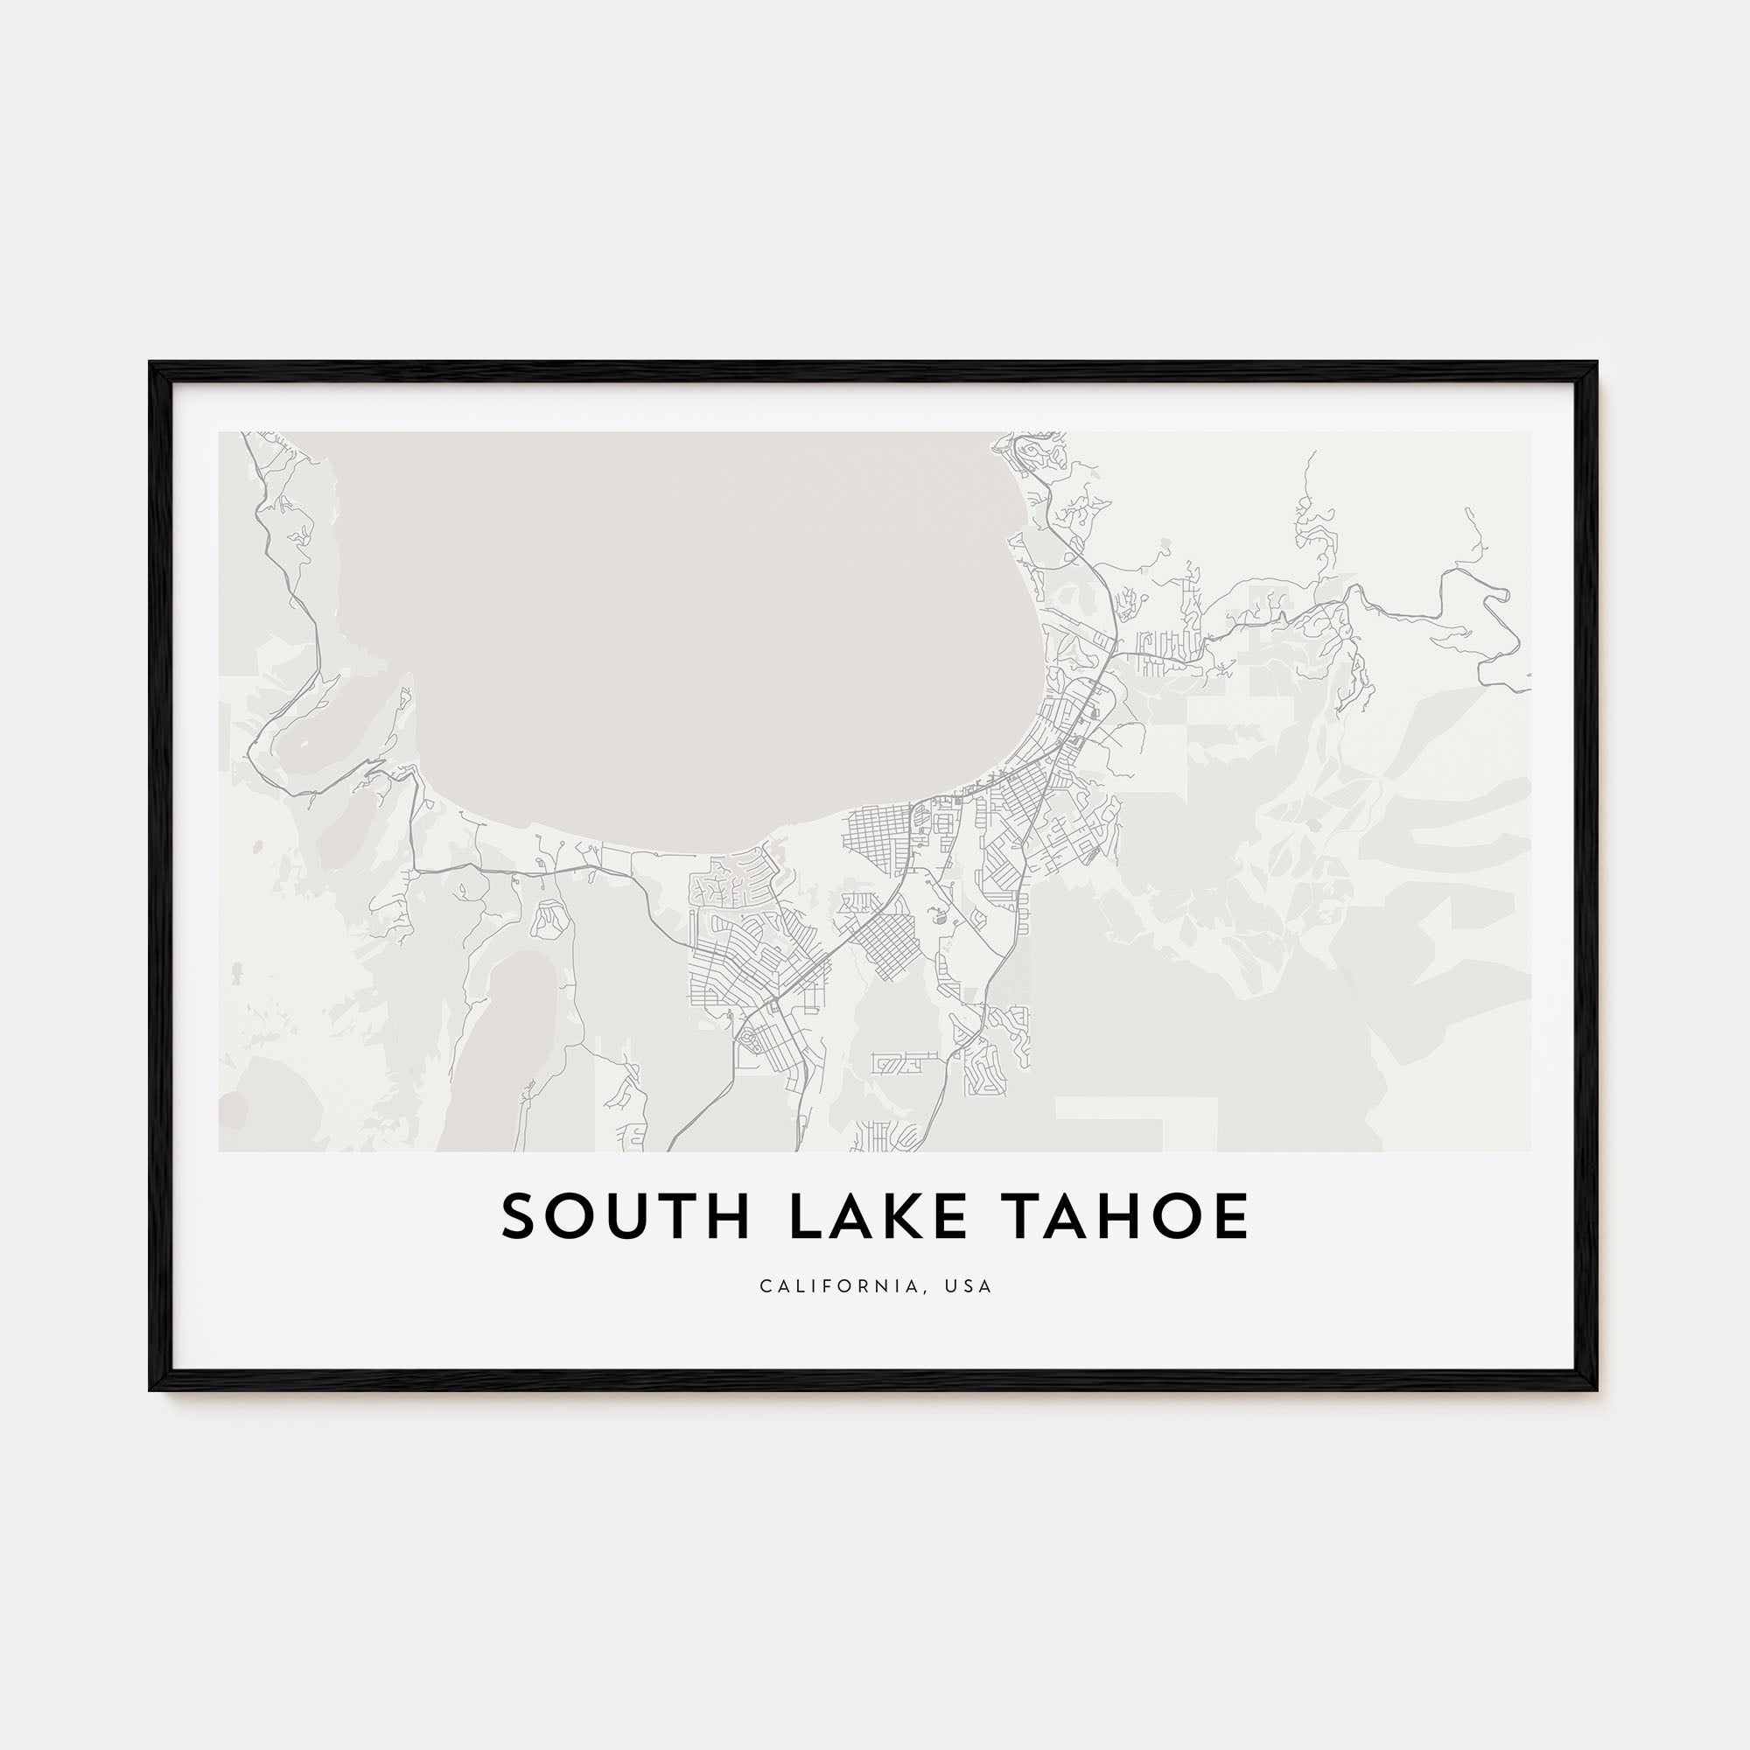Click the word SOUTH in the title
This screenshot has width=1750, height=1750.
(625, 1216)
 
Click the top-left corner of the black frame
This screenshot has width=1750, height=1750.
(150, 363)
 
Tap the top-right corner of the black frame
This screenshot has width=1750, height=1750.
(1597, 363)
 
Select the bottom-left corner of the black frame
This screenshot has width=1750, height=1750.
(150, 1390)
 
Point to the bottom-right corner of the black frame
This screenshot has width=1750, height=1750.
(1597, 1390)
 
